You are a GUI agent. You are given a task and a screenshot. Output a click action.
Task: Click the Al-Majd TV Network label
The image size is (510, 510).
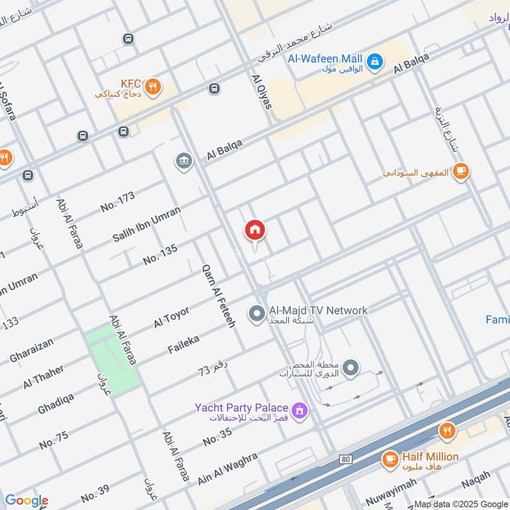pyautogui.click(x=317, y=310)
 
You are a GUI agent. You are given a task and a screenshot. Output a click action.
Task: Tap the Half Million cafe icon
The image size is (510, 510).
pyautogui.click(x=390, y=458)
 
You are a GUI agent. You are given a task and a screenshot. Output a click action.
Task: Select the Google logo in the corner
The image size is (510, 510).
pyautogui.click(x=26, y=500)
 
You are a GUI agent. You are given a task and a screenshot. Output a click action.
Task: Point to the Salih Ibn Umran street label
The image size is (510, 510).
pyautogui.click(x=147, y=223)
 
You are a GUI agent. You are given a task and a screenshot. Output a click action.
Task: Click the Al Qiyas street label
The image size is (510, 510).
pyautogui.click(x=261, y=92)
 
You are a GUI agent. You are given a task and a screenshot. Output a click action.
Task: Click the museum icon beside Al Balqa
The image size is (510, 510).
pyautogui.click(x=184, y=161)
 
